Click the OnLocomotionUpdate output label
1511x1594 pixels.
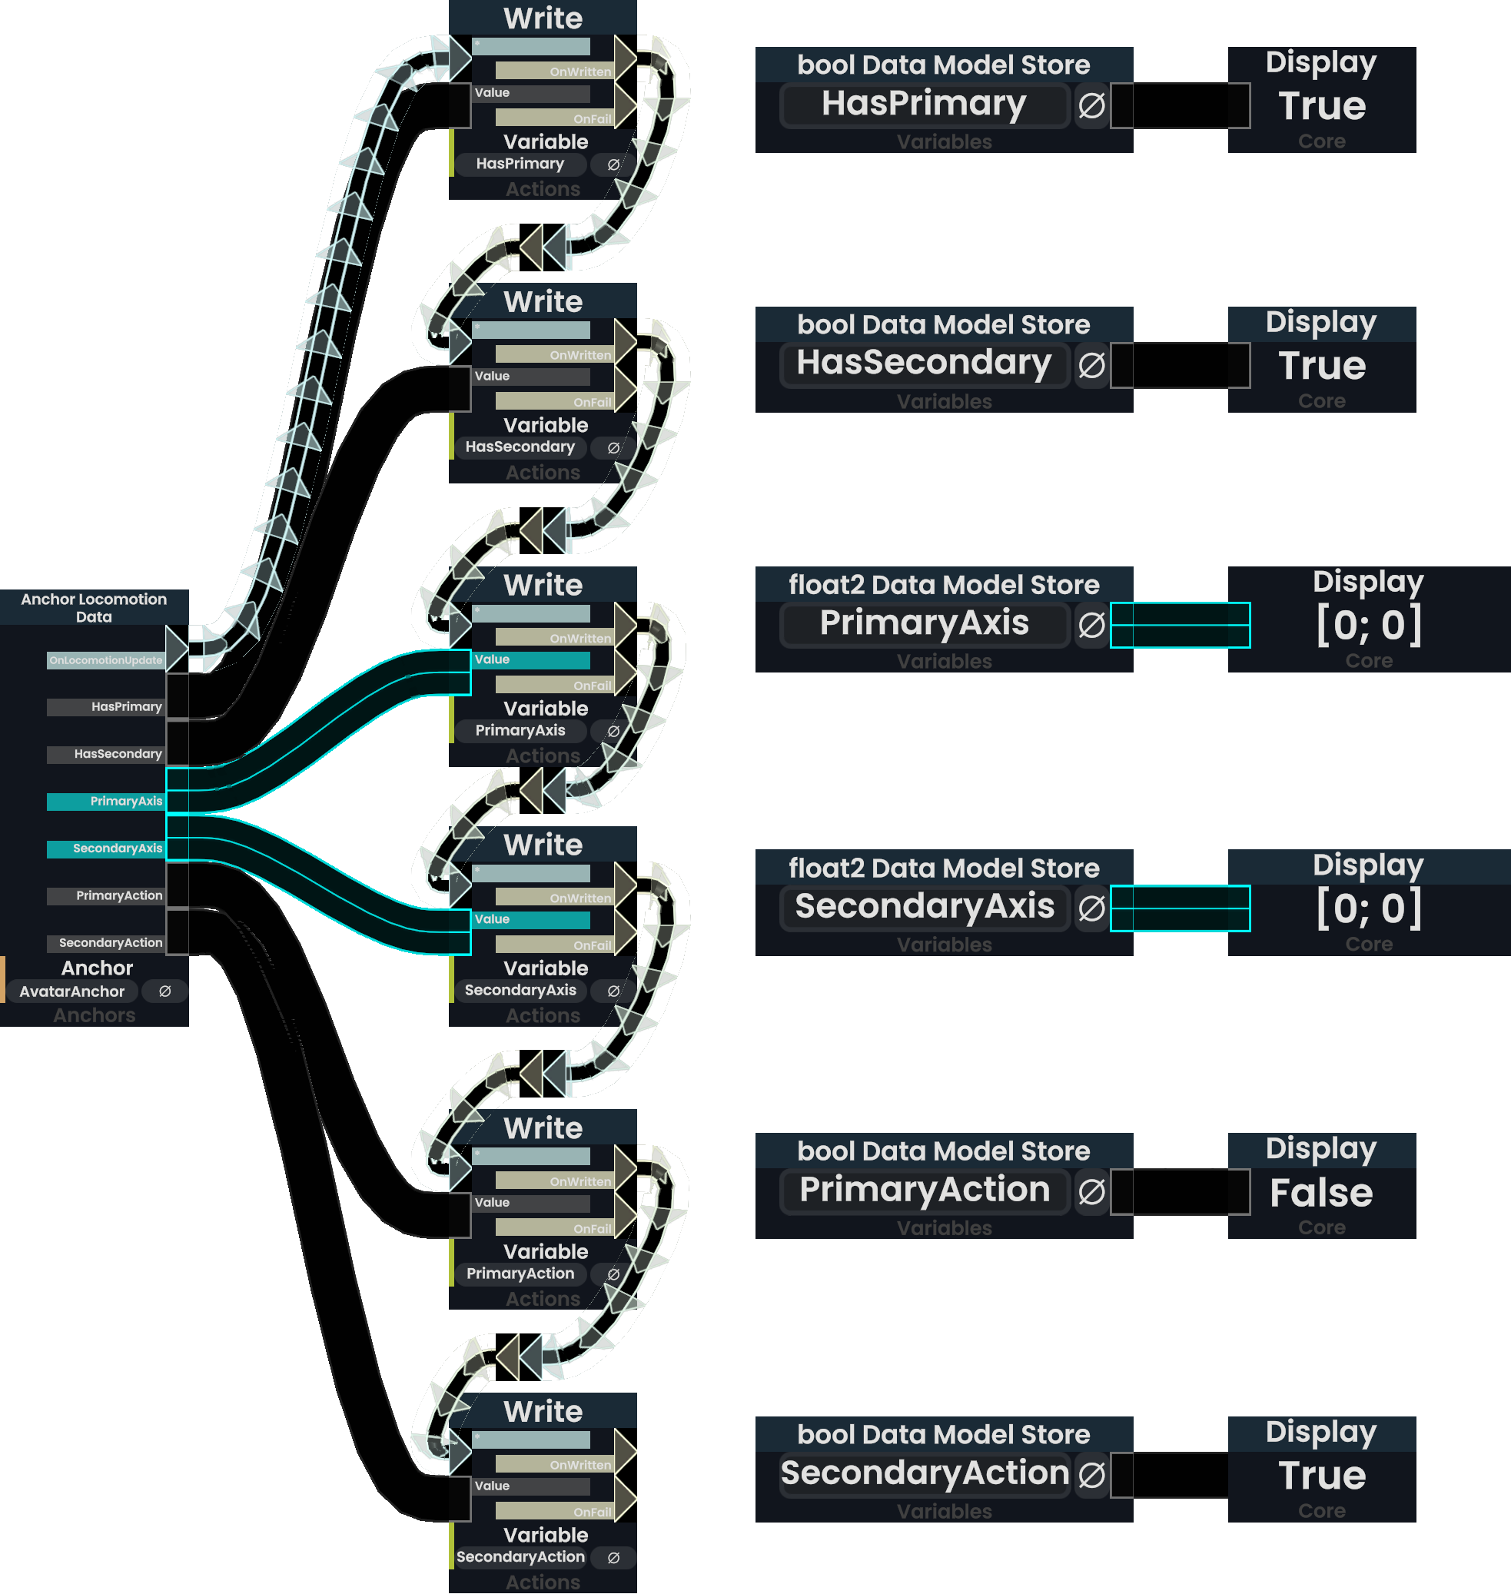click(105, 660)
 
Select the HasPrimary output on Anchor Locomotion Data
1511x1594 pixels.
click(105, 707)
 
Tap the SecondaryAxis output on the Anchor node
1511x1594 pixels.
click(105, 849)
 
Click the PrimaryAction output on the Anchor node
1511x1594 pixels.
click(105, 895)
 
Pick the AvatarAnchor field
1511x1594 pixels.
click(71, 991)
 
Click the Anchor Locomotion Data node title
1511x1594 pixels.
click(95, 608)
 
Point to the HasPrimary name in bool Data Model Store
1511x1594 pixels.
click(924, 105)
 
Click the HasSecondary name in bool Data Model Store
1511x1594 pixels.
click(924, 364)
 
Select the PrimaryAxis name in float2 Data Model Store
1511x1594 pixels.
click(924, 624)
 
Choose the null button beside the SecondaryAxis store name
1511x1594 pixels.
click(1091, 908)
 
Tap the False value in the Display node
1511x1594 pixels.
click(1321, 1193)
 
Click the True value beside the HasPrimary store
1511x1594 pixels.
click(1322, 106)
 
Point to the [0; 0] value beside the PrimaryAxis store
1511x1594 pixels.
click(1369, 626)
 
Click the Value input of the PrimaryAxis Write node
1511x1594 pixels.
click(531, 659)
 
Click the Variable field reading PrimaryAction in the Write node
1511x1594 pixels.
click(520, 1274)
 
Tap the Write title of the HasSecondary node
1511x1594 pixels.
click(543, 302)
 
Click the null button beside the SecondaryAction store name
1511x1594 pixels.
click(1091, 1476)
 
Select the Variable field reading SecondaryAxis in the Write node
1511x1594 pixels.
click(520, 991)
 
